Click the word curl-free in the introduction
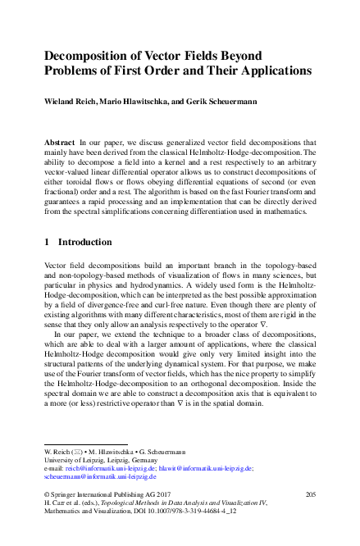tap(171, 305)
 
